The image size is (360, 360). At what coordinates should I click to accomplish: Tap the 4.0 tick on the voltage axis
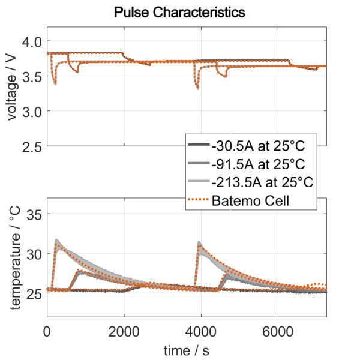pyautogui.click(x=31, y=41)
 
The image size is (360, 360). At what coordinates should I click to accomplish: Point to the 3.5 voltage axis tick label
pyautogui.click(x=31, y=76)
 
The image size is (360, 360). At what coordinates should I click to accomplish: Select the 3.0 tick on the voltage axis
pyautogui.click(x=31, y=111)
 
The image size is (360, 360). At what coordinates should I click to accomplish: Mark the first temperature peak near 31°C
pyautogui.click(x=56, y=241)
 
